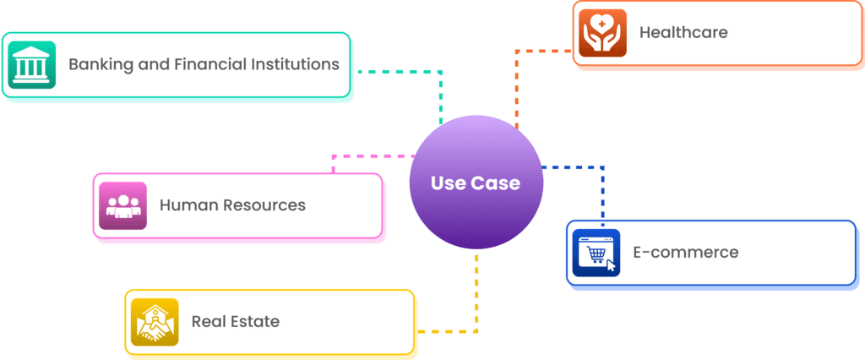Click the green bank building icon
pyautogui.click(x=31, y=65)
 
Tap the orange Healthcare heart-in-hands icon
pyautogui.click(x=602, y=34)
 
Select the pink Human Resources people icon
pyautogui.click(x=122, y=205)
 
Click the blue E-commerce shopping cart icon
pyautogui.click(x=596, y=253)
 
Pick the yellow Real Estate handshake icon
pyautogui.click(x=155, y=322)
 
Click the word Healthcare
pyautogui.click(x=683, y=33)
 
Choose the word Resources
pyautogui.click(x=261, y=205)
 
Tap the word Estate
pyautogui.click(x=254, y=322)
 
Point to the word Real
pyautogui.click(x=208, y=322)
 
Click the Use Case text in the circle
pyautogui.click(x=475, y=183)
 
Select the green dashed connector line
pyautogui.click(x=397, y=72)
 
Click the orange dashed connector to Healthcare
pyautogui.click(x=517, y=85)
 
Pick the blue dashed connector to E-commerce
pyautogui.click(x=602, y=194)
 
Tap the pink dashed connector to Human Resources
pyautogui.click(x=372, y=156)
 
